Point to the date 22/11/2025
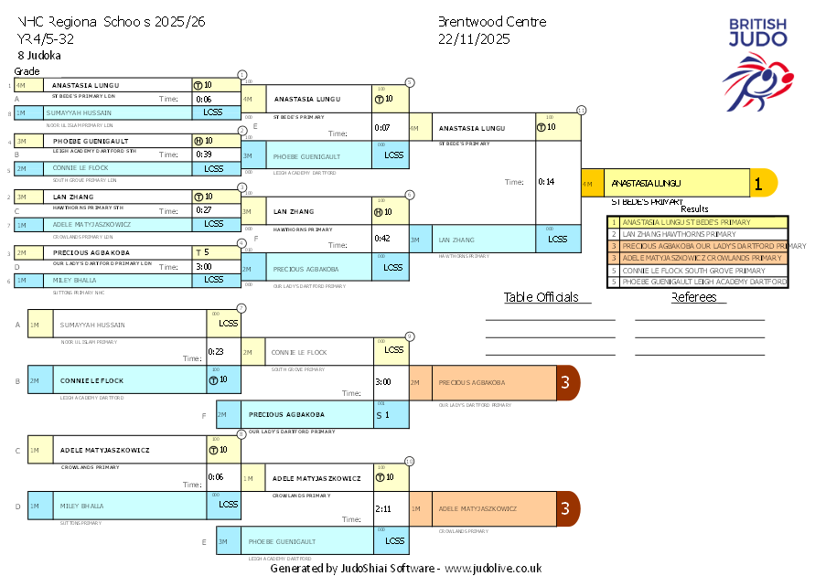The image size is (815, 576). pyautogui.click(x=474, y=39)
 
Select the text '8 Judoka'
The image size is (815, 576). pyautogui.click(x=39, y=56)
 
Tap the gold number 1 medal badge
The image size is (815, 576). pyautogui.click(x=757, y=183)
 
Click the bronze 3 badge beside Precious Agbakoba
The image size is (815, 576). pyautogui.click(x=566, y=383)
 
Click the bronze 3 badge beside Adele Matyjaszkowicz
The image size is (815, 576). pyautogui.click(x=566, y=508)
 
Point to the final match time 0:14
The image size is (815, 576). pyautogui.click(x=546, y=182)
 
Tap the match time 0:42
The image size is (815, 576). pyautogui.click(x=383, y=239)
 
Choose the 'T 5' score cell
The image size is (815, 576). pyautogui.click(x=203, y=252)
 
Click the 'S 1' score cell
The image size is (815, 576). pyautogui.click(x=382, y=415)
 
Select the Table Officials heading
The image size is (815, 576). pyautogui.click(x=542, y=297)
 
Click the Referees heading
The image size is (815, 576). pyautogui.click(x=694, y=297)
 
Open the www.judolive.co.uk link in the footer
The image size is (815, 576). pyautogui.click(x=493, y=568)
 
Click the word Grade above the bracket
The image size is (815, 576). pyautogui.click(x=27, y=71)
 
